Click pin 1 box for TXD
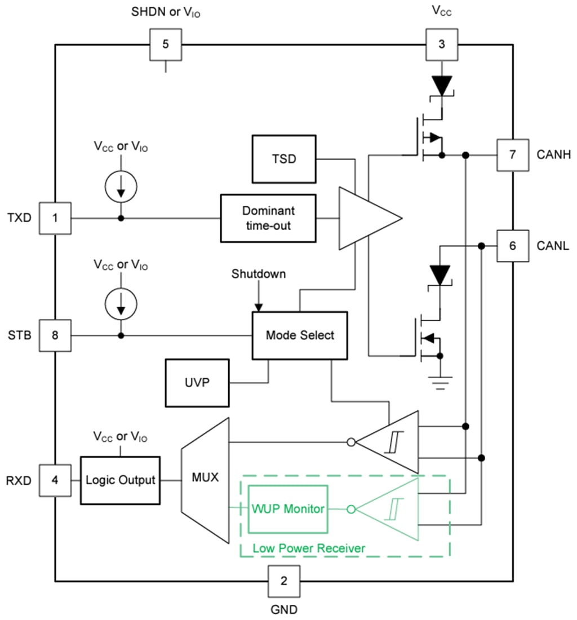55,218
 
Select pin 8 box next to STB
55,335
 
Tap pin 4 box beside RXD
55,480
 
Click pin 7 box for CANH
512,154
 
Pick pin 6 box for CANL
512,246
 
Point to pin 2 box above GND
283,581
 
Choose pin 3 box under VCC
441,44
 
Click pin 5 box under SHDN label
165,44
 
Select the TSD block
283,159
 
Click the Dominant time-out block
268,219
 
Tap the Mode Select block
299,335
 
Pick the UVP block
197,383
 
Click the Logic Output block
120,480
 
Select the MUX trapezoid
205,480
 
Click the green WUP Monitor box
288,509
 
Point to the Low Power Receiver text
308,548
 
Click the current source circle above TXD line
121,187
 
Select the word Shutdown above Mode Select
259,274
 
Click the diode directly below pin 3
441,86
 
